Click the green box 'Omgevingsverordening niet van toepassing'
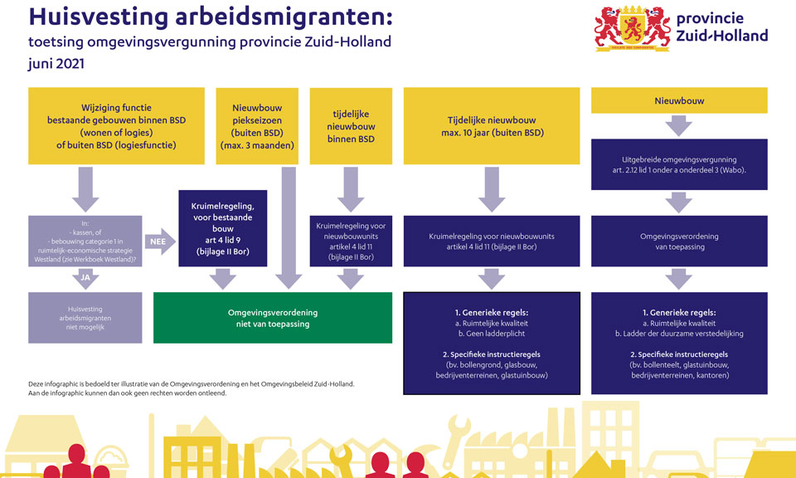(273, 318)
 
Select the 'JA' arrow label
(85, 278)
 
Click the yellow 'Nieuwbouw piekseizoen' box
(257, 126)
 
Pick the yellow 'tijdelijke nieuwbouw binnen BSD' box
(351, 126)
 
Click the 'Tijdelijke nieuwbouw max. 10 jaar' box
(492, 126)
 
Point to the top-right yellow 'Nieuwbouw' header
(679, 100)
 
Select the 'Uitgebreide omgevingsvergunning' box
(679, 164)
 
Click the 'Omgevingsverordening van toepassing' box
(679, 241)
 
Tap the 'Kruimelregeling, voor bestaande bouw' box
(223, 228)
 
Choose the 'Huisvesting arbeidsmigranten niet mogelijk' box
(85, 318)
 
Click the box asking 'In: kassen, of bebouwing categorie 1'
(85, 241)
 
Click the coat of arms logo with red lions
(633, 28)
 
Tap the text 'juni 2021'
(56, 64)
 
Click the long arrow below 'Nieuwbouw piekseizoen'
(289, 228)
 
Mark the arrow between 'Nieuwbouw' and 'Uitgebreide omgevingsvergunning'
(679, 126)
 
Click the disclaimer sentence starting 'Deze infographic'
(192, 384)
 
